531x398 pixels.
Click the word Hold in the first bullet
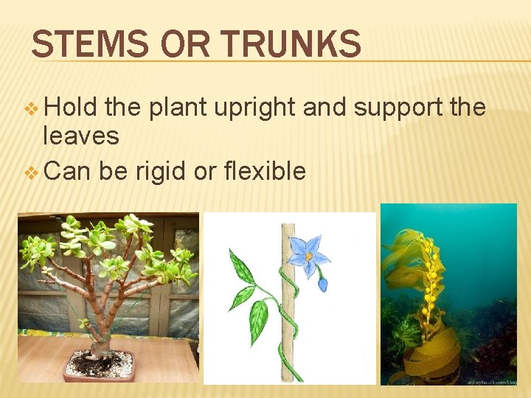point(72,108)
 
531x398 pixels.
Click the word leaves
point(81,135)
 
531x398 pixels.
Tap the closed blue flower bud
point(322,284)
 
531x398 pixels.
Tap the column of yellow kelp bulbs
point(428,284)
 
